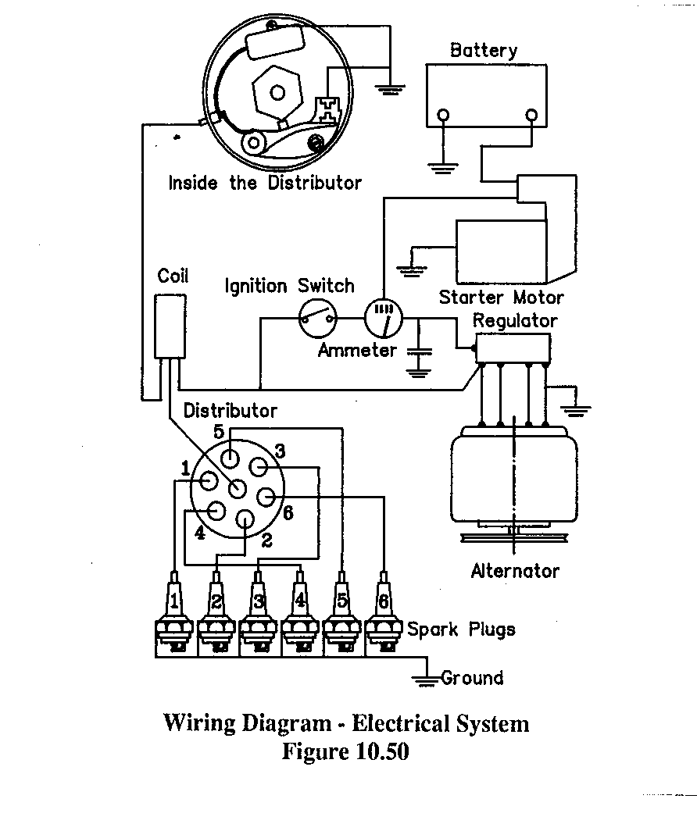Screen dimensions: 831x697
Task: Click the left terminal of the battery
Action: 444,116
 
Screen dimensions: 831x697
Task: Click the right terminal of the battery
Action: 531,116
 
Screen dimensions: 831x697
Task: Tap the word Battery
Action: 484,51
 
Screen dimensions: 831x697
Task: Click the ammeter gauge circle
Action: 382,316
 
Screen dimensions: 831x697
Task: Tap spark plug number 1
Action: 176,616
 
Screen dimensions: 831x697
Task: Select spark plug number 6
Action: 384,616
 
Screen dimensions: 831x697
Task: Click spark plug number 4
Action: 301,616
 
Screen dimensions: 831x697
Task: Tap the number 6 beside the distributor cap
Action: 288,513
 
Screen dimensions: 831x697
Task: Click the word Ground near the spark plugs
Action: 472,677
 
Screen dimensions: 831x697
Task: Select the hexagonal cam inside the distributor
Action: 277,93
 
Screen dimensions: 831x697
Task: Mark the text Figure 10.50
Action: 345,751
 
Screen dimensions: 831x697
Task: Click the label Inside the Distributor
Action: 265,184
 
